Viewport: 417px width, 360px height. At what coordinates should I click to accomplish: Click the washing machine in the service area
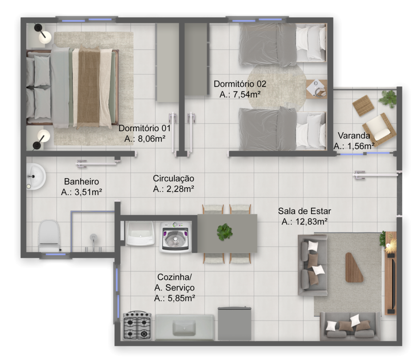tap(176, 237)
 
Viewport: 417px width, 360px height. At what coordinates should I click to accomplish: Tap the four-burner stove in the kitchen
tap(137, 326)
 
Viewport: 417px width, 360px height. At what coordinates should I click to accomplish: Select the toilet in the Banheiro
tap(49, 236)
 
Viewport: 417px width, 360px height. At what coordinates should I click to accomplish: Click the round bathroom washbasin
tap(36, 176)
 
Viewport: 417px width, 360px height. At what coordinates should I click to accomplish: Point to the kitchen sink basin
tap(184, 328)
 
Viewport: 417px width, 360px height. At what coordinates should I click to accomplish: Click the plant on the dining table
tap(225, 231)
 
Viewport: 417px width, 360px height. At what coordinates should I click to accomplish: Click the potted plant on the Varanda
tap(389, 99)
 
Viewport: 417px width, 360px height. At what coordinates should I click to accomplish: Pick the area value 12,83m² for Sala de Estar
tap(304, 222)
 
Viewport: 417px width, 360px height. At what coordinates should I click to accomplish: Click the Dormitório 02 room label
tap(240, 84)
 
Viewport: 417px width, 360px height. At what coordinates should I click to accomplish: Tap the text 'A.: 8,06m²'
tap(145, 138)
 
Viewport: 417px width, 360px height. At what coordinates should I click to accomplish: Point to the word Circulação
tap(173, 178)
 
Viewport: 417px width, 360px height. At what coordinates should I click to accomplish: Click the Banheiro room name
tap(81, 182)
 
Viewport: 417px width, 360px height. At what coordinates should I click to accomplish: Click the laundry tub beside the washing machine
tap(140, 233)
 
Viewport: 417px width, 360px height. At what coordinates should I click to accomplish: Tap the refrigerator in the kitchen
tap(235, 324)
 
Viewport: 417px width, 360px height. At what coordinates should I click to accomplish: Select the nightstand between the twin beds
tap(316, 89)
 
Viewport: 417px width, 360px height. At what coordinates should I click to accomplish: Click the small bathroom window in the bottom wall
tap(55, 255)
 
